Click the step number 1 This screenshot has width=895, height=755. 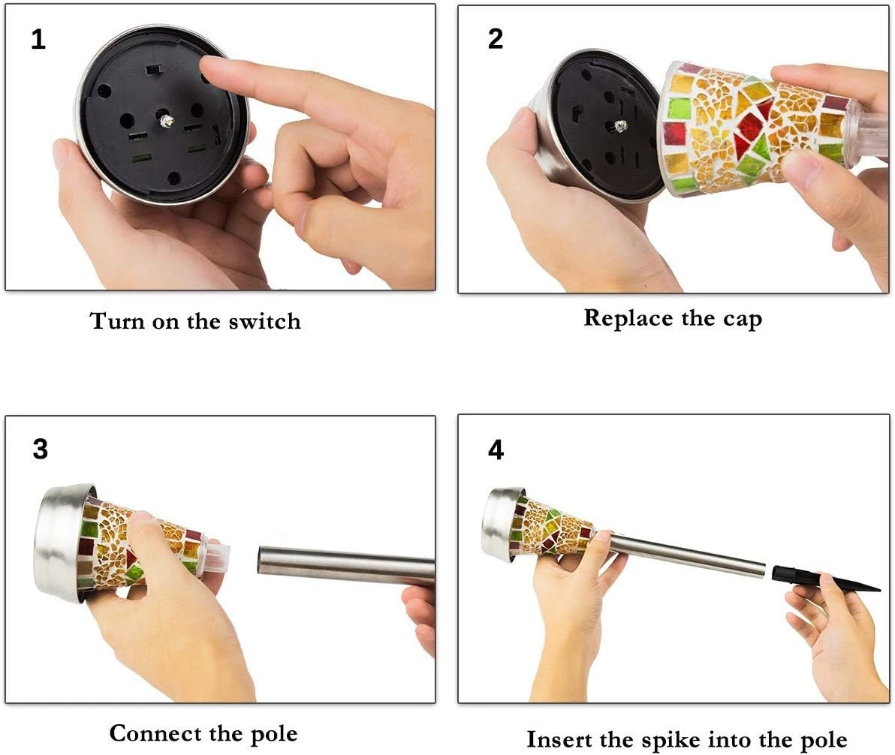tap(38, 40)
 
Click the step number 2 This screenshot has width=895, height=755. tap(496, 39)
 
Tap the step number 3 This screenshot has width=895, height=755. tap(40, 449)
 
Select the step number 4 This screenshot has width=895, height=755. tap(496, 450)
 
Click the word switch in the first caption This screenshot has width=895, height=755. tap(264, 321)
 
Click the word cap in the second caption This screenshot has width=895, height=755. tap(743, 320)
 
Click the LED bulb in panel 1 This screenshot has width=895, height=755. tap(166, 120)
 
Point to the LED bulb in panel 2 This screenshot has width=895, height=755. tap(619, 125)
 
